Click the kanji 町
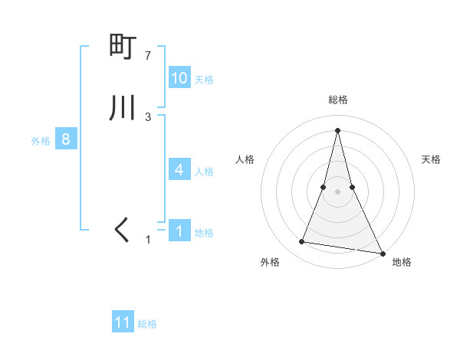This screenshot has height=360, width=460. (123, 47)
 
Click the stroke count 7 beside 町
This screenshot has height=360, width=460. (148, 56)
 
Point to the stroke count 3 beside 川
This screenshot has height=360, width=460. (148, 117)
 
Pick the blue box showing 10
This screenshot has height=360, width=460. (179, 78)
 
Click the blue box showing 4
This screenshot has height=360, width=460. (179, 170)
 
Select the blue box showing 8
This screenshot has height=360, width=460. (66, 139)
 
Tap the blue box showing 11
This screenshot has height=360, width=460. (123, 322)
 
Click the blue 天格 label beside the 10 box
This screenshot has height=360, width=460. (204, 80)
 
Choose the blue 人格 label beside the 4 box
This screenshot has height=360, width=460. (204, 172)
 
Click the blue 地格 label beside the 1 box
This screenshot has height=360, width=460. (204, 233)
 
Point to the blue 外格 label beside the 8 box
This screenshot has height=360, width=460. (41, 141)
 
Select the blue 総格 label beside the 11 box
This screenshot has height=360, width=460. (147, 324)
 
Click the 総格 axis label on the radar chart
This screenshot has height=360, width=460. (337, 100)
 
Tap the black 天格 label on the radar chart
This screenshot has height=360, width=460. (432, 159)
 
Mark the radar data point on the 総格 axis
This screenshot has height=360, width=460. (337, 129)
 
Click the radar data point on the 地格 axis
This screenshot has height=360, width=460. (382, 253)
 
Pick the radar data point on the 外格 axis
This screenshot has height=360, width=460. (302, 242)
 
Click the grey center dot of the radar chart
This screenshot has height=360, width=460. (337, 191)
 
